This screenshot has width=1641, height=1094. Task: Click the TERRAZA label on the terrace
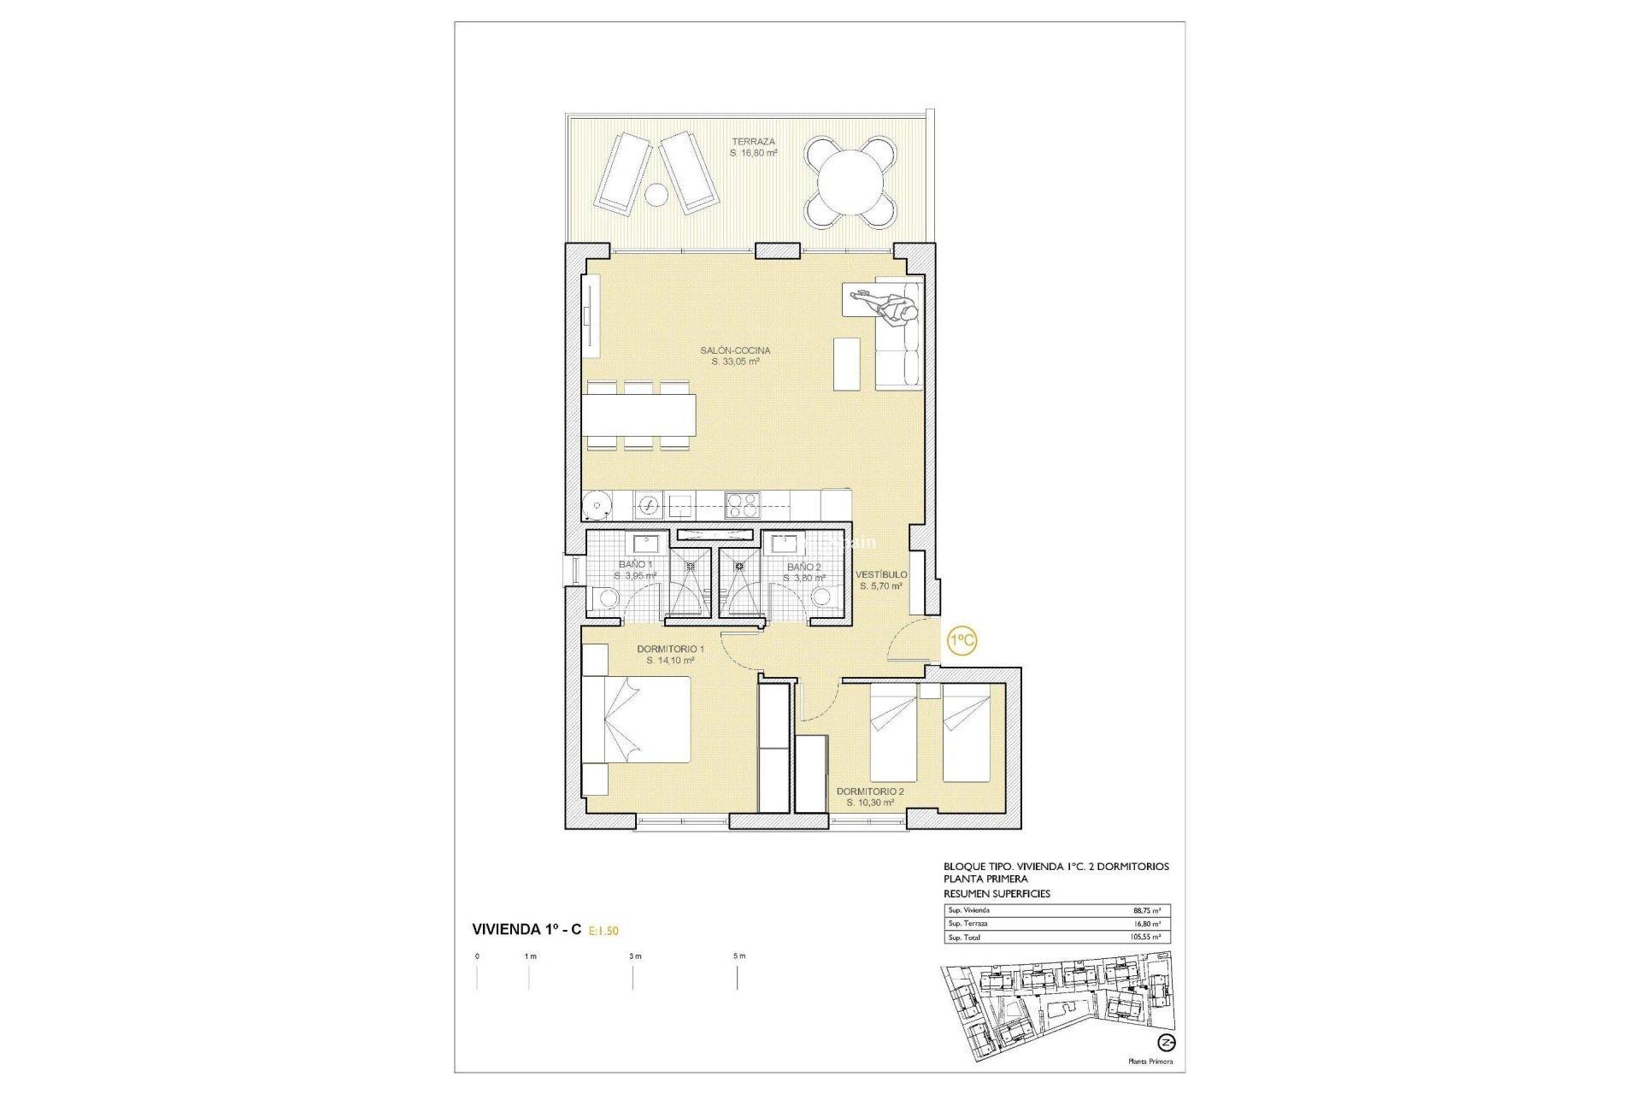(x=753, y=142)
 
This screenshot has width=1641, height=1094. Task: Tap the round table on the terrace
(x=850, y=183)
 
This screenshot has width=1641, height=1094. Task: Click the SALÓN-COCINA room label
(x=735, y=350)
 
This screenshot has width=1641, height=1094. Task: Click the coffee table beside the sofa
(x=846, y=364)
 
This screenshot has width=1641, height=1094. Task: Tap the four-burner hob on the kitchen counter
(x=742, y=504)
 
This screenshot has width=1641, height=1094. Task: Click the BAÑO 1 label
(x=635, y=564)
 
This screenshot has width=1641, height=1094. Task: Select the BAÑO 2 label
(x=803, y=567)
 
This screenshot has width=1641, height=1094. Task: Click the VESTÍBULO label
(x=881, y=574)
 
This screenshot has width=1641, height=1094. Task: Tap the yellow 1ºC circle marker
(x=962, y=640)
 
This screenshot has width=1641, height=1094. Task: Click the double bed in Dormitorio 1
(x=637, y=719)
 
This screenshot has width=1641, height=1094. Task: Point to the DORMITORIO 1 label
(x=670, y=649)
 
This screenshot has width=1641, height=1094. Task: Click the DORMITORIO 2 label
(x=870, y=791)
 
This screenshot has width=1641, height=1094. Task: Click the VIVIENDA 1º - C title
(x=526, y=929)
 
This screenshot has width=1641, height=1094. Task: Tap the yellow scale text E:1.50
(x=603, y=931)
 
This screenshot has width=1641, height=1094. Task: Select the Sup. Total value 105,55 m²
(x=1144, y=938)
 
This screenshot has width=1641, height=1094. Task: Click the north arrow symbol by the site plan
(x=1166, y=1043)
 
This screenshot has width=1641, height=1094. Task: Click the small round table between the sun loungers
(x=656, y=195)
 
